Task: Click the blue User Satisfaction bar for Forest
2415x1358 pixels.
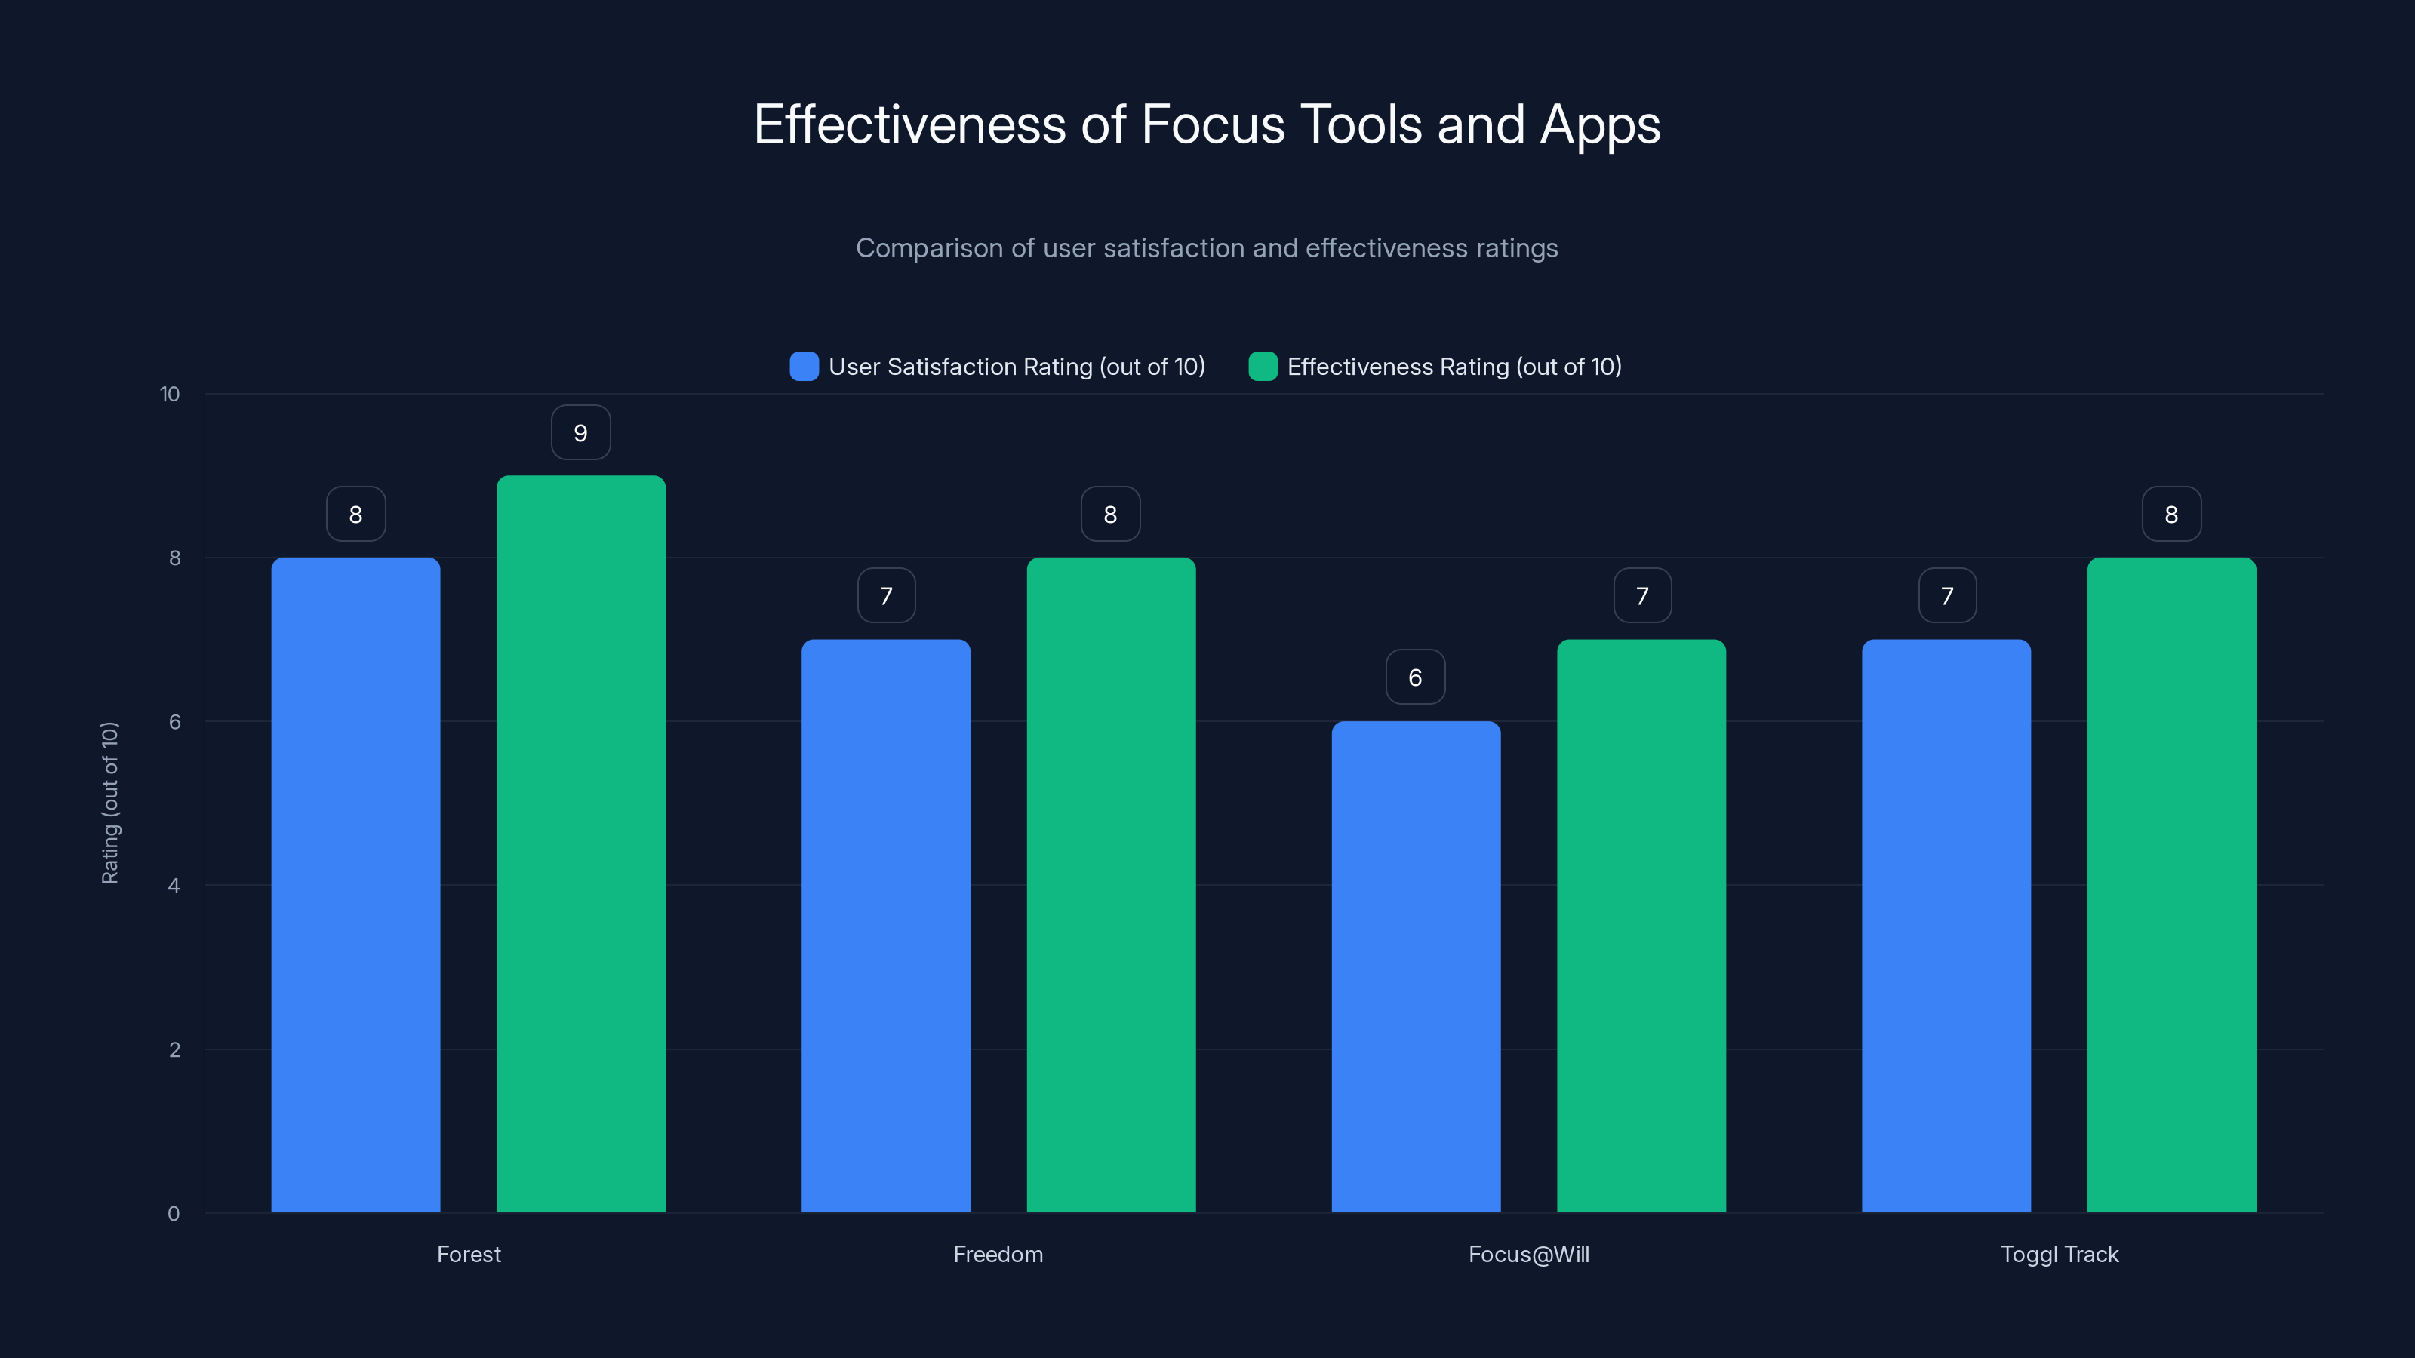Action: [x=355, y=885]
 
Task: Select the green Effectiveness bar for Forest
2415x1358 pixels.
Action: [x=580, y=843]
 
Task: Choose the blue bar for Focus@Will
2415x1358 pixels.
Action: [x=1416, y=966]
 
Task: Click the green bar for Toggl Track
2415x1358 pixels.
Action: [x=2171, y=885]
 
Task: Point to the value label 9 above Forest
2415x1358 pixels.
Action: [x=580, y=433]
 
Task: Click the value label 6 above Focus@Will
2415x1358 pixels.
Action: [x=1416, y=677]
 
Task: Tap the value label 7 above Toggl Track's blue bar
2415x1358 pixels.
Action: [x=1947, y=596]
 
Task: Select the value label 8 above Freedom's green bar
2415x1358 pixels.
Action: [x=1110, y=515]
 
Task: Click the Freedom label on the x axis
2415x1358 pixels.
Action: [x=998, y=1255]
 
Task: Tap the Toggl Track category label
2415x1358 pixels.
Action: [x=2059, y=1255]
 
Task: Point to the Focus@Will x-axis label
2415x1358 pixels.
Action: [x=1528, y=1255]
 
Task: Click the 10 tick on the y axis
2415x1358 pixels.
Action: [x=170, y=395]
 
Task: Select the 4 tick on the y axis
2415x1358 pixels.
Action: [x=174, y=886]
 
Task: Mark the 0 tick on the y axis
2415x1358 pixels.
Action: [x=174, y=1214]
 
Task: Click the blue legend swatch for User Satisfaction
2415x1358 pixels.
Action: [x=804, y=367]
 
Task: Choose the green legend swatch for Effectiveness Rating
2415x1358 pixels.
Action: [x=1263, y=367]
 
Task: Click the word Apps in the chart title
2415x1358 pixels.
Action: [x=1599, y=125]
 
